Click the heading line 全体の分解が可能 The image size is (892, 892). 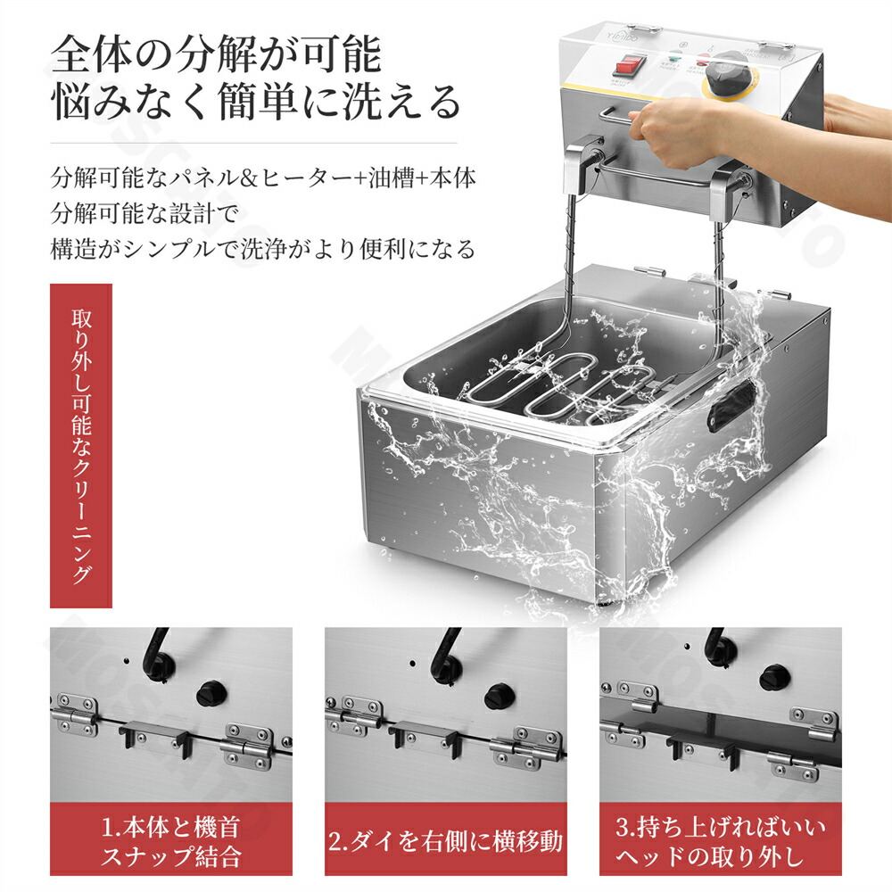(x=216, y=55)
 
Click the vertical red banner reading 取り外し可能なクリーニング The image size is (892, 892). (x=81, y=445)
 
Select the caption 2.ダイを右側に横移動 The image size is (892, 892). (x=445, y=841)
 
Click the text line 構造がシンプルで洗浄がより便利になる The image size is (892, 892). (x=263, y=249)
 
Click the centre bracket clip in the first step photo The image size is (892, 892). (x=154, y=736)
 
